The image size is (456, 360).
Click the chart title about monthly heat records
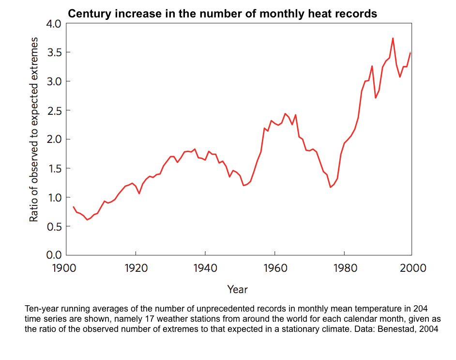[x=222, y=14]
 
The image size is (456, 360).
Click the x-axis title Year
[x=238, y=290]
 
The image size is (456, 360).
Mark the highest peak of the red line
[x=393, y=38]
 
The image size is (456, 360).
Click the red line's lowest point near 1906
[x=87, y=219]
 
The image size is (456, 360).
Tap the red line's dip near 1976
[x=330, y=187]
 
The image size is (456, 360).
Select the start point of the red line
[x=73, y=207]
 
